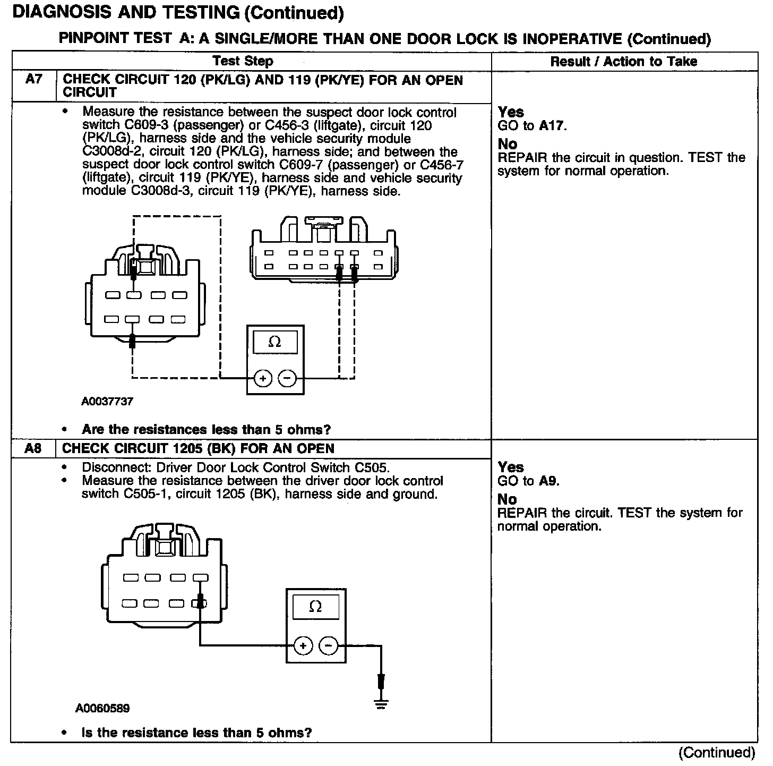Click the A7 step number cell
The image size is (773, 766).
coord(33,80)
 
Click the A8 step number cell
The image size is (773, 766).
coord(33,449)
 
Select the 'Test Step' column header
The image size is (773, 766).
coord(243,61)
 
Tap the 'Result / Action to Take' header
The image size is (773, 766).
coord(624,62)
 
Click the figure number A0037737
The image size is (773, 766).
coord(107,402)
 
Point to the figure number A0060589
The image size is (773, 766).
coord(102,708)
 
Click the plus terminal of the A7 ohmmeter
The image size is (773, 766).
coord(262,378)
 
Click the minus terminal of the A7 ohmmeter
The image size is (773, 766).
coord(287,378)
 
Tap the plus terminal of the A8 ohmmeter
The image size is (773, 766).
coord(303,646)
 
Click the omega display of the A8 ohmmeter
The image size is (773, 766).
coord(315,607)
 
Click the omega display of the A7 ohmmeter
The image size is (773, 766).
coord(274,342)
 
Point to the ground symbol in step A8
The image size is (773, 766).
coord(381,704)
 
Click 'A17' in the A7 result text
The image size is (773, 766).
coord(553,126)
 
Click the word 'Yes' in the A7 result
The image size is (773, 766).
coord(511,112)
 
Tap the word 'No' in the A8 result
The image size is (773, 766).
coord(507,499)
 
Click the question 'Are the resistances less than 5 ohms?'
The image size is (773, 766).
coord(207,429)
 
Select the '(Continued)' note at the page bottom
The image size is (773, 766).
coord(717,752)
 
